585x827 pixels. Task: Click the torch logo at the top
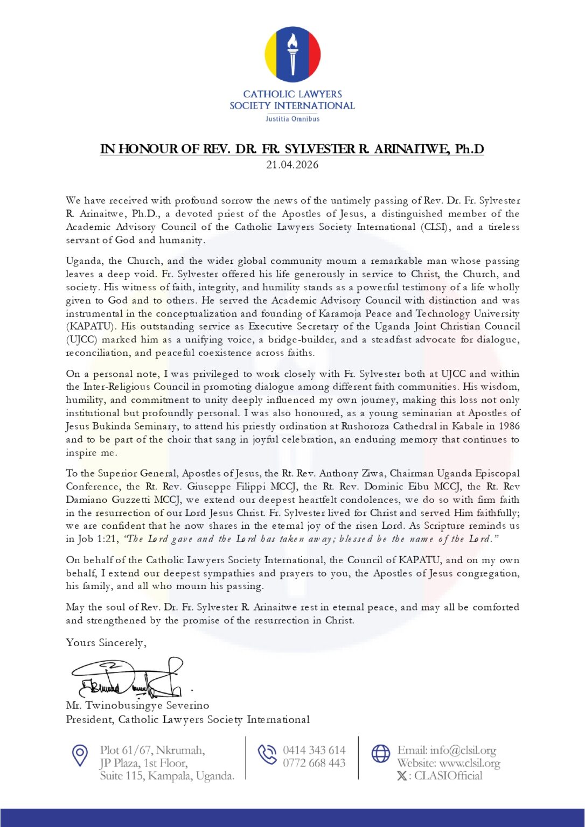click(x=292, y=54)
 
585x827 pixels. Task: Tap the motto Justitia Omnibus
click(x=292, y=119)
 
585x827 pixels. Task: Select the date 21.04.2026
click(x=292, y=165)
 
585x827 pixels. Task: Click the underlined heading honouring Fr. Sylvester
click(x=292, y=149)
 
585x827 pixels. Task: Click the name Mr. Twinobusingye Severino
click(x=137, y=705)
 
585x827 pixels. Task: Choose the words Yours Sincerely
click(x=106, y=643)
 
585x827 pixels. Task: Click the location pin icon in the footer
click(x=80, y=755)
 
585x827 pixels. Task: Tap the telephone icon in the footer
click(x=267, y=754)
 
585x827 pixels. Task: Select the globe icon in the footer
click(x=381, y=754)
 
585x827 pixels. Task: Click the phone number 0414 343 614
click(x=314, y=750)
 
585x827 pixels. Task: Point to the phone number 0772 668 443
click(x=314, y=763)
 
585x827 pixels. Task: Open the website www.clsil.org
click(x=470, y=763)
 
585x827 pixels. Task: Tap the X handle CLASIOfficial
click(x=448, y=776)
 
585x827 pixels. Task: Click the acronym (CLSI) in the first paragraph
click(x=435, y=227)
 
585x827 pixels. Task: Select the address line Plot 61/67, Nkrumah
click(x=152, y=750)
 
